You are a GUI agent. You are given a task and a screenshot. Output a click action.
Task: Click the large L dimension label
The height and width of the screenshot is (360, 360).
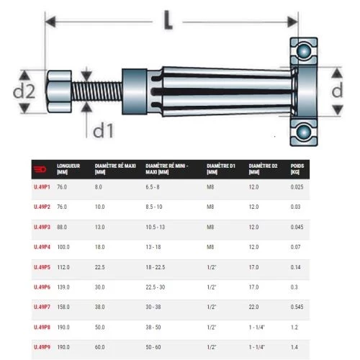pyautogui.click(x=168, y=20)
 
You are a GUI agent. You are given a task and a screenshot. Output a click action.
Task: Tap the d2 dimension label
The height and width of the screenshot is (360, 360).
pyautogui.click(x=24, y=91)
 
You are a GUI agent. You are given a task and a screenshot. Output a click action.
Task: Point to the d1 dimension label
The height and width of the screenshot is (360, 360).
pyautogui.click(x=103, y=131)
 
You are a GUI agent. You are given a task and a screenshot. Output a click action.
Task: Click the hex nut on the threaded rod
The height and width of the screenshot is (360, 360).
pyautogui.click(x=59, y=91)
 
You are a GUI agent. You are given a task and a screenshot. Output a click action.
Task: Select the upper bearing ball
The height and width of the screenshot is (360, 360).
pyautogui.click(x=304, y=51)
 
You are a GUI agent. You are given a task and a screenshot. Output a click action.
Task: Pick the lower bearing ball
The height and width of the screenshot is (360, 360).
pyautogui.click(x=304, y=132)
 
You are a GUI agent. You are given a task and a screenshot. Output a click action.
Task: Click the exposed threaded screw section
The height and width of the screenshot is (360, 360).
pyautogui.click(x=96, y=91)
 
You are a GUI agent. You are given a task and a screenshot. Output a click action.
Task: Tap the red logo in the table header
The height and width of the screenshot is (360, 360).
pyautogui.click(x=40, y=169)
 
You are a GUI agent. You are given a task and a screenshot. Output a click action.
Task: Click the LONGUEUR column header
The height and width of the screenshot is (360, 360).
pyautogui.click(x=68, y=169)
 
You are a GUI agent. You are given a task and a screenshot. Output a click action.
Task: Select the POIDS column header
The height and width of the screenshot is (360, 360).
pyautogui.click(x=297, y=169)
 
